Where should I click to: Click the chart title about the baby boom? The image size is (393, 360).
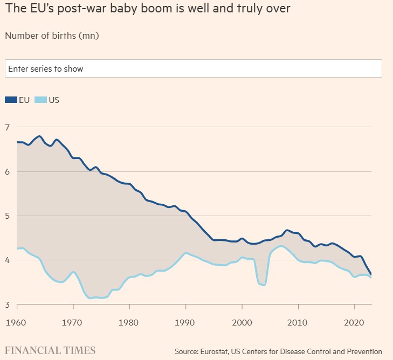click(x=148, y=9)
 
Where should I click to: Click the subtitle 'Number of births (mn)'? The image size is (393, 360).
click(x=52, y=36)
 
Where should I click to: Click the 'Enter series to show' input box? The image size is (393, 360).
click(x=194, y=68)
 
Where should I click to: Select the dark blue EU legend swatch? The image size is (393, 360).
click(x=11, y=100)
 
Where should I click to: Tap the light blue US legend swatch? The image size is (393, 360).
click(x=40, y=100)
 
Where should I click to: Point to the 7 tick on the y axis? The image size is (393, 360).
click(x=7, y=127)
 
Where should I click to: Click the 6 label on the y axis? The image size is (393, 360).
click(x=7, y=171)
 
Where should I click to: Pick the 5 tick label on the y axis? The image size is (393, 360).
click(x=7, y=216)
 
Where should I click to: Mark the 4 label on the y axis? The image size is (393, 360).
click(x=7, y=260)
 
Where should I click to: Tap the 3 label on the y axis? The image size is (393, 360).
click(x=7, y=304)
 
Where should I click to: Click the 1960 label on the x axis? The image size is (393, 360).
click(x=16, y=322)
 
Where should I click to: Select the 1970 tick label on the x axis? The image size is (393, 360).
click(x=72, y=322)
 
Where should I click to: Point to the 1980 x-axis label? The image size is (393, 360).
click(x=128, y=322)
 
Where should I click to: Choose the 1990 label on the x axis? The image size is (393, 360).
click(x=184, y=322)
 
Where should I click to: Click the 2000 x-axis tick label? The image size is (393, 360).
click(x=242, y=322)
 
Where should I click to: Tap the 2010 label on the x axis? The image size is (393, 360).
click(x=297, y=322)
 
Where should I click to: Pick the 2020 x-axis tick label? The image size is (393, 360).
click(x=354, y=322)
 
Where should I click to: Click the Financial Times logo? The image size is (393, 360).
click(x=50, y=350)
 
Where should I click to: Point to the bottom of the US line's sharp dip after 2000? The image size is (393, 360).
click(x=264, y=285)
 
